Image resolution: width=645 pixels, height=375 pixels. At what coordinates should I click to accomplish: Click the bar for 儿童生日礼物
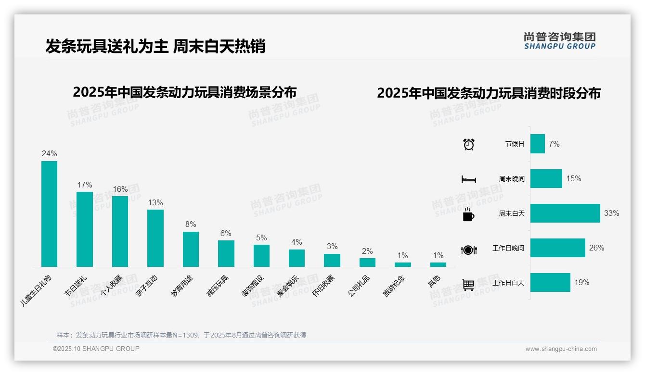(x=49, y=213)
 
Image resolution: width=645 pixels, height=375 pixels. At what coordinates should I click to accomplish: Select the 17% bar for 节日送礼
(x=84, y=229)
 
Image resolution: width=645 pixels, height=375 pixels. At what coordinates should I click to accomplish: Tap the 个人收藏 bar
(x=120, y=231)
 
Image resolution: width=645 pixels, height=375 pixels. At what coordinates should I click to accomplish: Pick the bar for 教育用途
(x=191, y=249)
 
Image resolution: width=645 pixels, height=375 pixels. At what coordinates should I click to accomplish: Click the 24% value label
(x=49, y=154)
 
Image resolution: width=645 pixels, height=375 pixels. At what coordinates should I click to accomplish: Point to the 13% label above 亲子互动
(x=155, y=203)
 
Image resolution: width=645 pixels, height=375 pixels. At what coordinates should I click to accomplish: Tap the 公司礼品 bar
(x=367, y=262)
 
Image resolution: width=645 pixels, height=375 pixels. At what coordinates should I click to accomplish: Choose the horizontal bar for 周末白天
(x=565, y=213)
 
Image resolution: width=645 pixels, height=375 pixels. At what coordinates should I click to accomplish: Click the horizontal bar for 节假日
(x=537, y=144)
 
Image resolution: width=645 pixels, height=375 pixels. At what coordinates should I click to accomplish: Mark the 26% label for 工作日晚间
(x=596, y=248)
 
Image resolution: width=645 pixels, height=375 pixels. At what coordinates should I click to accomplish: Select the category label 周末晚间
(x=511, y=179)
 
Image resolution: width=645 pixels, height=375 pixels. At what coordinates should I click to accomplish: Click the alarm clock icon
(x=468, y=144)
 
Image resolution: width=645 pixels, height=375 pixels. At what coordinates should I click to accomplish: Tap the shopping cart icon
(x=468, y=285)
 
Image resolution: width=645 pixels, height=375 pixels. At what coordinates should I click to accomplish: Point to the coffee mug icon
(x=468, y=215)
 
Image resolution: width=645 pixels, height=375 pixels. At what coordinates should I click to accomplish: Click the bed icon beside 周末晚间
(x=468, y=179)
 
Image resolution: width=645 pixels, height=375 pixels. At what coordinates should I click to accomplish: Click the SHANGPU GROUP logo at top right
(x=559, y=41)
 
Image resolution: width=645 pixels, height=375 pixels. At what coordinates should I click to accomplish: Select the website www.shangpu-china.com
(x=561, y=349)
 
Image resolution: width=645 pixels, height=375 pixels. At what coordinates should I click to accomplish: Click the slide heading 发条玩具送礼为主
(x=106, y=47)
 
